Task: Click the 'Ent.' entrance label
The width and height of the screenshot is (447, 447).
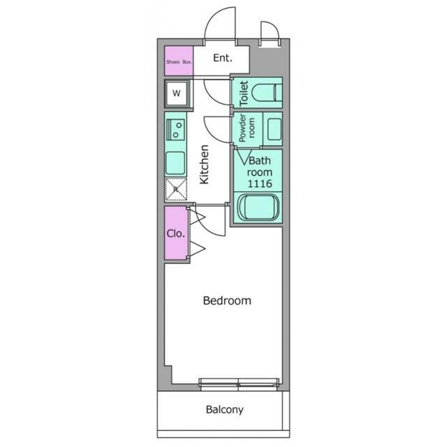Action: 222,59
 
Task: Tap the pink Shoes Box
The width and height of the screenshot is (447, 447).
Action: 179,61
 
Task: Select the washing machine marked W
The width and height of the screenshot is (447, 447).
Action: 176,91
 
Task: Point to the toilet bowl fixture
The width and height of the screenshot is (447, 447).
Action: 267,91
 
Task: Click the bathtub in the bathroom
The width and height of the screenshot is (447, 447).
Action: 259,208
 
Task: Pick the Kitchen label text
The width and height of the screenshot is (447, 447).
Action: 205,164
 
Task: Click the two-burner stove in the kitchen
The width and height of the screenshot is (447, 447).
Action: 176,128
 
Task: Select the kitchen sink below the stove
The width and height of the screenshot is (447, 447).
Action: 175,163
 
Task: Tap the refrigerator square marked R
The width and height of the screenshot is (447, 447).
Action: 175,189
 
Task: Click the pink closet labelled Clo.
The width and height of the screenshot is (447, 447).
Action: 175,233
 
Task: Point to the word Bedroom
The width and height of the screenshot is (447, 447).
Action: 226,301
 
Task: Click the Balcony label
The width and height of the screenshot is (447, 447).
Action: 224,410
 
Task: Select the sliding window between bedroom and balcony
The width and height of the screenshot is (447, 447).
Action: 238,382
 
